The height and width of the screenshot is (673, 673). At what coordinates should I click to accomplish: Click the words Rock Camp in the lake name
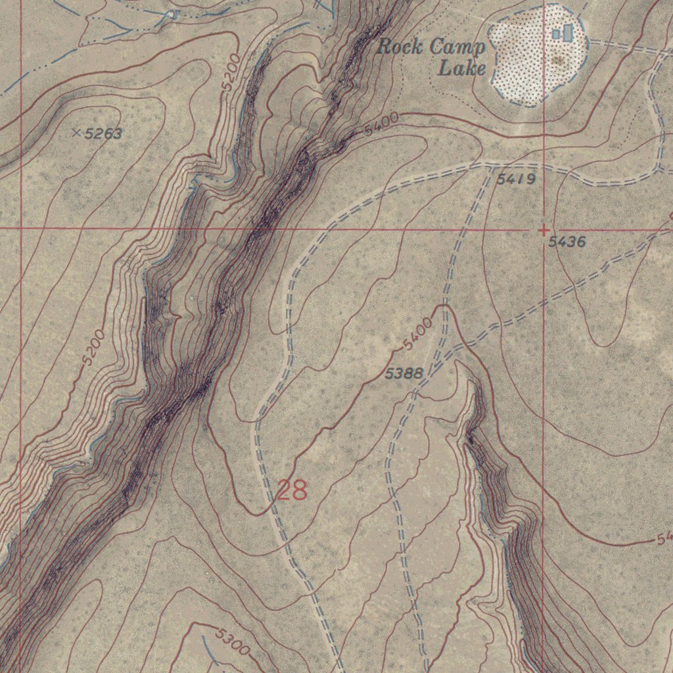click(x=431, y=47)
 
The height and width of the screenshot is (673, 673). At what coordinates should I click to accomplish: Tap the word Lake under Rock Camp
click(x=462, y=68)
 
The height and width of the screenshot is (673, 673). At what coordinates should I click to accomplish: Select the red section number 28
click(x=291, y=490)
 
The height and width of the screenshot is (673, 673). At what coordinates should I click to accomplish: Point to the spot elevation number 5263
click(x=103, y=134)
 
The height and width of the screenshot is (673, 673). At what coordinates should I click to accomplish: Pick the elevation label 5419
click(x=517, y=179)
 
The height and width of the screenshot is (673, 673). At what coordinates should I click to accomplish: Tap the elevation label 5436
click(x=567, y=243)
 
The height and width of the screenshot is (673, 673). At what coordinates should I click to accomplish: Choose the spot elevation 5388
click(x=404, y=373)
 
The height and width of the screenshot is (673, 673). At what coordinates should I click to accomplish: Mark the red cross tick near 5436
click(x=544, y=230)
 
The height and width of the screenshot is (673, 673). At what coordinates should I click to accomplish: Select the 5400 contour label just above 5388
click(x=418, y=334)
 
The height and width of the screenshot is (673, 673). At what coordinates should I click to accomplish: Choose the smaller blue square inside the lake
click(x=556, y=34)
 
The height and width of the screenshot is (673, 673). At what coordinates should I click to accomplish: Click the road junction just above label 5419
click(x=492, y=166)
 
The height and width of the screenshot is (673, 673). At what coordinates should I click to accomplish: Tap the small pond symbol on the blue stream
click(x=173, y=14)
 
